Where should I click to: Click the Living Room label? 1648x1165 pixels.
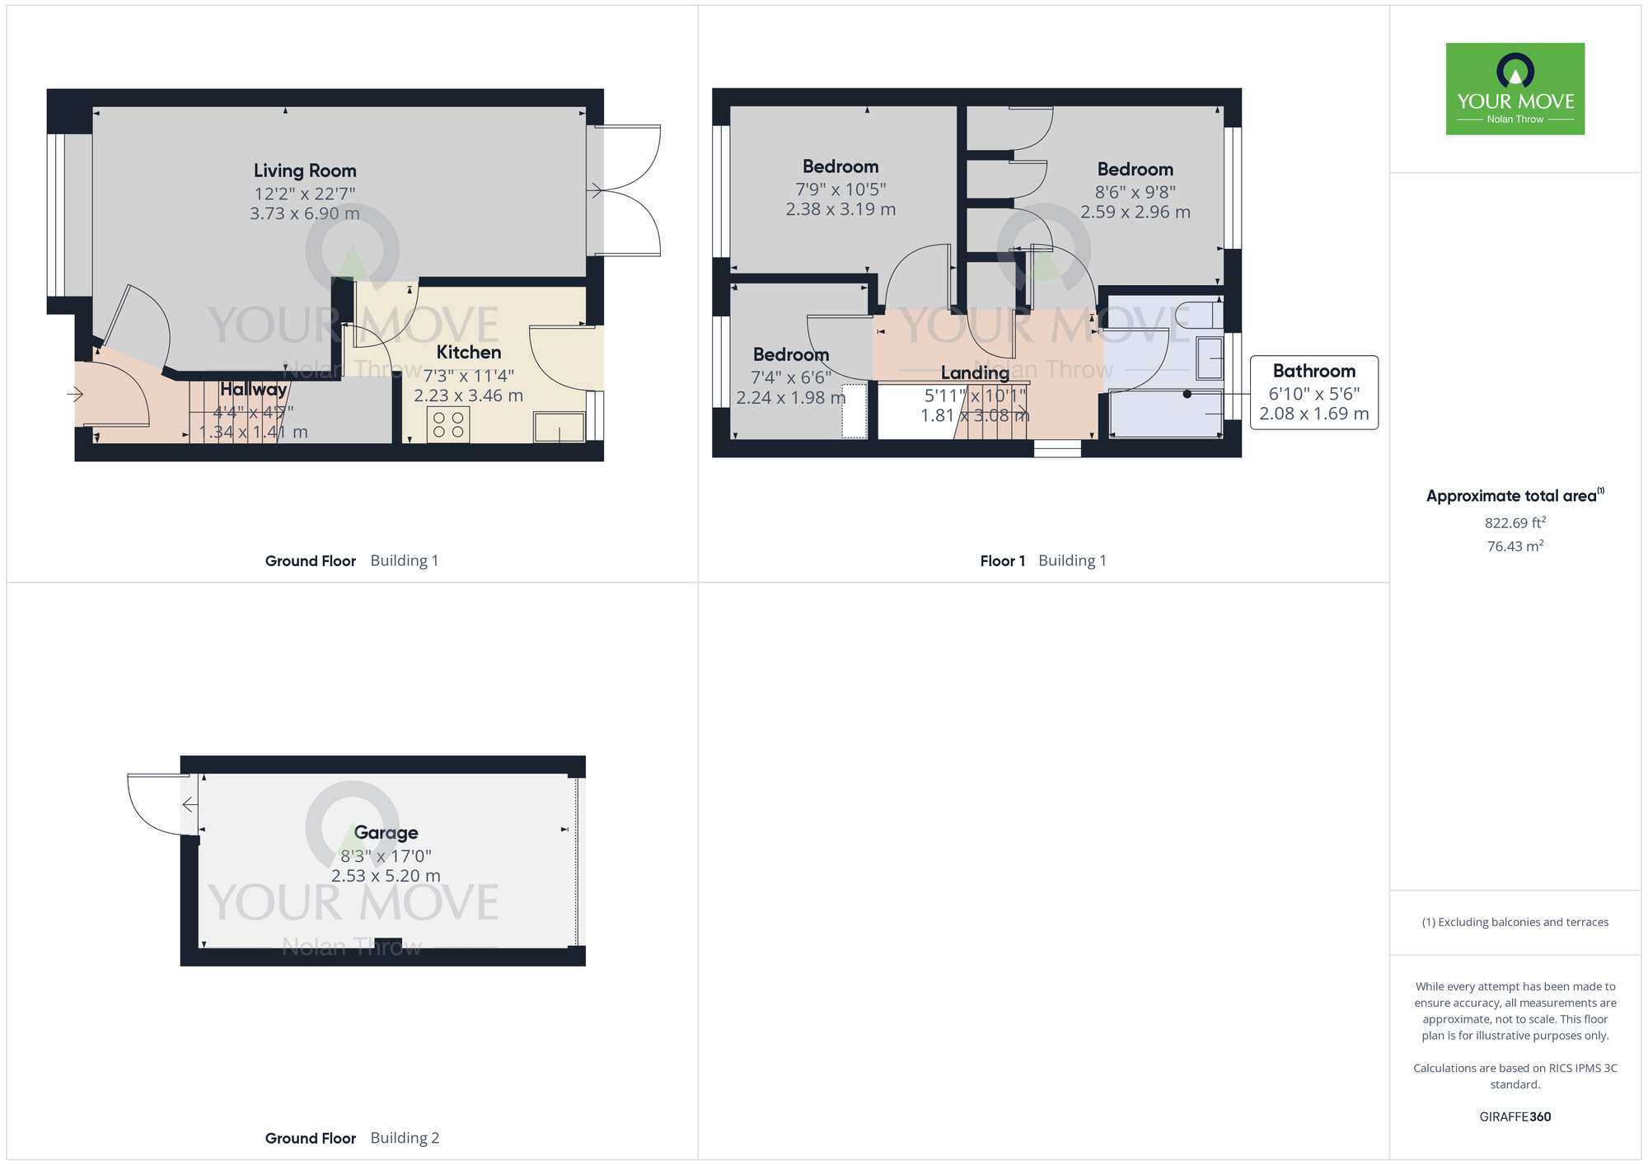(305, 171)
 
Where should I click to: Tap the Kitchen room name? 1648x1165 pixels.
(468, 353)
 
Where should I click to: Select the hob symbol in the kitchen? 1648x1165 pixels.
(448, 425)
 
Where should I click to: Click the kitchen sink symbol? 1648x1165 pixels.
(559, 428)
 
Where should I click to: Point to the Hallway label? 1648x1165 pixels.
(253, 389)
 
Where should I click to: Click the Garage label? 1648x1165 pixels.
(386, 833)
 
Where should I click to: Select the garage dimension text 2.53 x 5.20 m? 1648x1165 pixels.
(386, 876)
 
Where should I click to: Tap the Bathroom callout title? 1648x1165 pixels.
(1313, 371)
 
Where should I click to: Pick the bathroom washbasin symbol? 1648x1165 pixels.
(1210, 358)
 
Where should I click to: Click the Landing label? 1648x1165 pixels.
(975, 373)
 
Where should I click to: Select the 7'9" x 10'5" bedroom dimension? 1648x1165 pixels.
(840, 189)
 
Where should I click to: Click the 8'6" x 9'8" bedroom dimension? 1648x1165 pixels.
(1135, 192)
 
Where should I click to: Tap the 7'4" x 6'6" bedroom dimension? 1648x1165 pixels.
(790, 377)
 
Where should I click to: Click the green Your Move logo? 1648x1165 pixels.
(1515, 89)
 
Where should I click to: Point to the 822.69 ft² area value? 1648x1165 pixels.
(1515, 523)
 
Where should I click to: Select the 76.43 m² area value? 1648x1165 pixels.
(1515, 546)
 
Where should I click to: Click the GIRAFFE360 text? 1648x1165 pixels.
(1515, 1117)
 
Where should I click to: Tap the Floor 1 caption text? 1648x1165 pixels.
(1002, 561)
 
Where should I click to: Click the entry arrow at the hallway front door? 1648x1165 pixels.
(75, 395)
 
